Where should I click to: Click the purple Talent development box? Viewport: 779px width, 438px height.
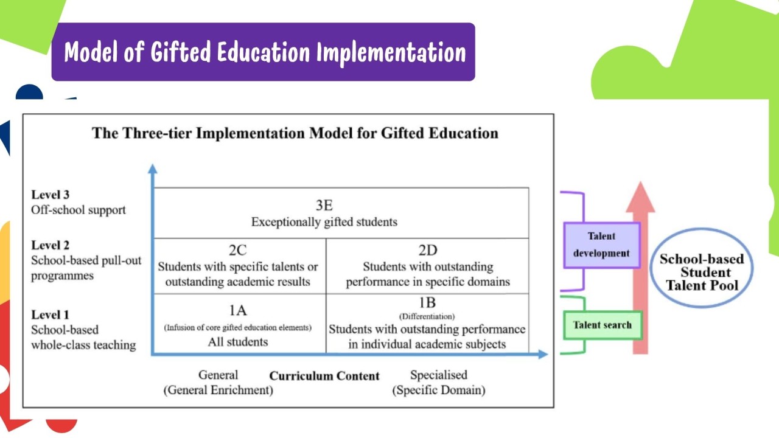point(602,245)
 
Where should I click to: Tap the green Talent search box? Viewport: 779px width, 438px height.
point(603,325)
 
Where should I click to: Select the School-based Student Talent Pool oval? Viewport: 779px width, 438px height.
point(702,268)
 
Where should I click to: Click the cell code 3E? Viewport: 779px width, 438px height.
point(324,205)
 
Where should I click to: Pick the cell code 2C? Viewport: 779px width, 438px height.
point(238,250)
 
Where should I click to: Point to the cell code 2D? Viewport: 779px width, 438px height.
point(428,250)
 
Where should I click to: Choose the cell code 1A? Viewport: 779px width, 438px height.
point(238,310)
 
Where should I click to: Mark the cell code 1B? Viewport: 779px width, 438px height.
point(427,302)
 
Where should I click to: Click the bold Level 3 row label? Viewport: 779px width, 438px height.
point(51,195)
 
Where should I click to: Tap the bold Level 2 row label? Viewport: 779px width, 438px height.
point(51,245)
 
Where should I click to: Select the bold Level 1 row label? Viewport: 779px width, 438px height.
point(51,315)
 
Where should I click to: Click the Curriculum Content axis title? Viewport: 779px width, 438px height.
point(324,376)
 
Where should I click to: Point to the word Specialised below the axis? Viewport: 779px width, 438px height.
point(439,375)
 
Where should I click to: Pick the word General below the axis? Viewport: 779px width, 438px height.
point(218,375)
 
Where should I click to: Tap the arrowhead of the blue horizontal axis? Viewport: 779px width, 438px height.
point(543,354)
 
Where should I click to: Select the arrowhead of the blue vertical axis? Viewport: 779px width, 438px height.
point(153,169)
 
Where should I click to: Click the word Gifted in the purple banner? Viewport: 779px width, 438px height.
point(181,52)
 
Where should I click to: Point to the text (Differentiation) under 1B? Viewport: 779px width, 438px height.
point(427,316)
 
